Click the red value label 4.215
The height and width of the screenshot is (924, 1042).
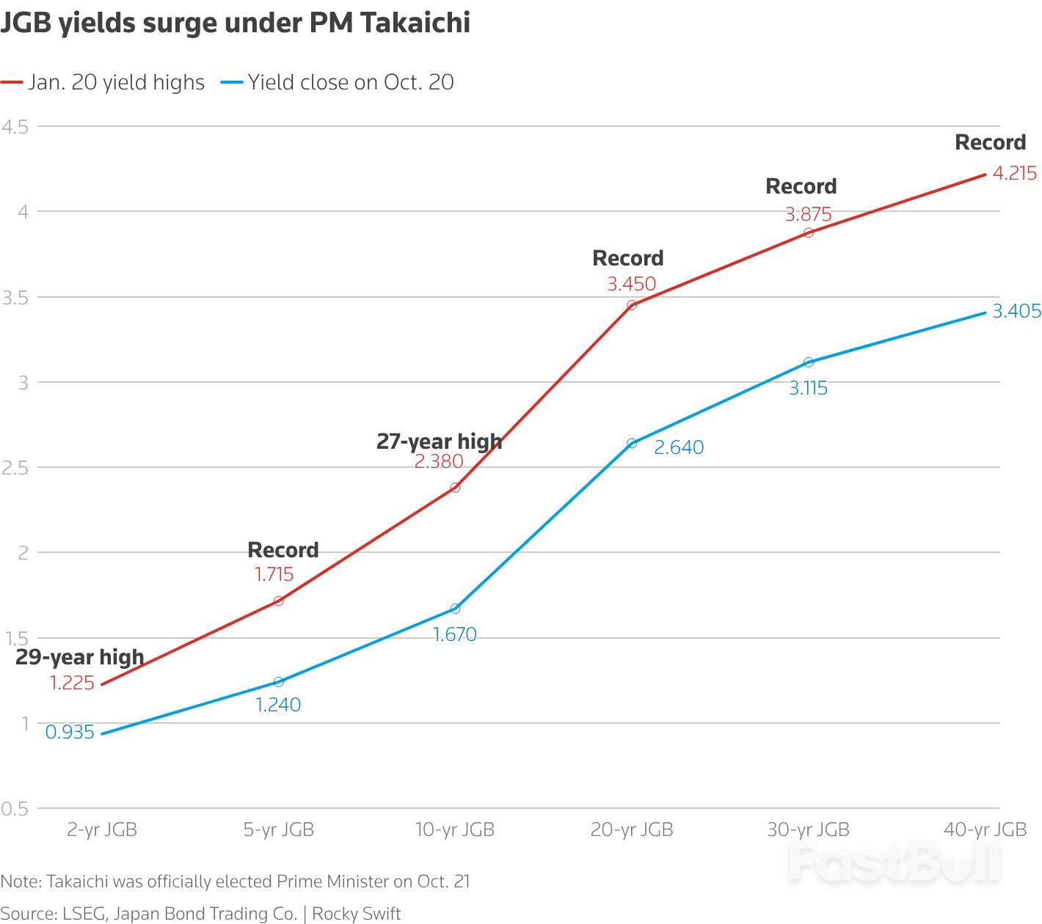[x=1014, y=174]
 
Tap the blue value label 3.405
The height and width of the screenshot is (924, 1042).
[x=1016, y=312]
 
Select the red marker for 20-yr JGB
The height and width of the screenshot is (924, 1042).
[x=632, y=305]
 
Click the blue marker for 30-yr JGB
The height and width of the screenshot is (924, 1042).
[x=809, y=362]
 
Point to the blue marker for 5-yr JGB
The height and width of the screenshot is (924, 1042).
[x=279, y=682]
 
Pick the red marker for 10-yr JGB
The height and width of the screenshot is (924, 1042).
[x=455, y=488]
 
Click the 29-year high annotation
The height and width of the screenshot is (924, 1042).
[x=79, y=657]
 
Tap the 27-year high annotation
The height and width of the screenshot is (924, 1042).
[x=439, y=441]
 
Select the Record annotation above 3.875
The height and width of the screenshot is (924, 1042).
[x=801, y=187]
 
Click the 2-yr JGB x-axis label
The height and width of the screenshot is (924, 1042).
[x=102, y=829]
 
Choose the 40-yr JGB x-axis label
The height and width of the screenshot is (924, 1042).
[x=985, y=829]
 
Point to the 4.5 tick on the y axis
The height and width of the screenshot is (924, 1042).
[x=15, y=127]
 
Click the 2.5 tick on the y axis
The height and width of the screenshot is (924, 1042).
[x=15, y=468]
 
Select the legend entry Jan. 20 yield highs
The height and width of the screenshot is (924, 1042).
[x=116, y=82]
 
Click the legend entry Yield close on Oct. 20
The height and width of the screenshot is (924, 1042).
[x=350, y=82]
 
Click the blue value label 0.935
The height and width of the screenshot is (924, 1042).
[x=70, y=732]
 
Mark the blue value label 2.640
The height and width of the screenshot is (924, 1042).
[x=679, y=447]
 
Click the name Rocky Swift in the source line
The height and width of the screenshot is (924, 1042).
[x=357, y=914]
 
